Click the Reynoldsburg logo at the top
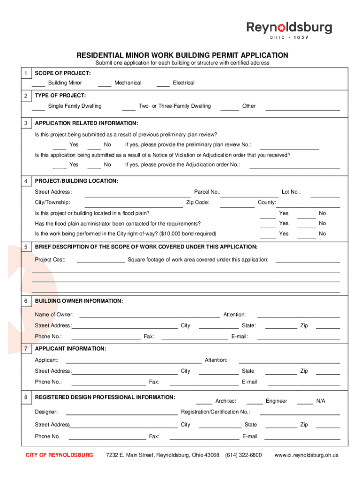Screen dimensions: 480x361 [289, 30]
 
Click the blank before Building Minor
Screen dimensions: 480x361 [38, 84]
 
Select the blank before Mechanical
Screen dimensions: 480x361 [105, 84]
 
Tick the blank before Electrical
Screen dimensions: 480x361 [163, 84]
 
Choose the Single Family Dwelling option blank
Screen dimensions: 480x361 [38, 108]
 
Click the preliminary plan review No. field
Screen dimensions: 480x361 [289, 147]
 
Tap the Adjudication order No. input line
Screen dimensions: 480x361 [294, 166]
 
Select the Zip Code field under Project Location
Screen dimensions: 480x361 [237, 205]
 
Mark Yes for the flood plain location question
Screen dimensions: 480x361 [268, 216]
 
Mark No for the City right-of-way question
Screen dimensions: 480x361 [307, 236]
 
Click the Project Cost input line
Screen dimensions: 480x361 [100, 262]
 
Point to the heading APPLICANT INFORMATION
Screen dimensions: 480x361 [70, 349]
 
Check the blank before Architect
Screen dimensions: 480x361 [204, 403]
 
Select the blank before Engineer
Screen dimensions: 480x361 [255, 403]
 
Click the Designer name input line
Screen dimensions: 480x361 [122, 414]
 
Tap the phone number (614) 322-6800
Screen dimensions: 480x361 [243, 455]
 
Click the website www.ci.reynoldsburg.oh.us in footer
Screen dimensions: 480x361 [306, 455]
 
